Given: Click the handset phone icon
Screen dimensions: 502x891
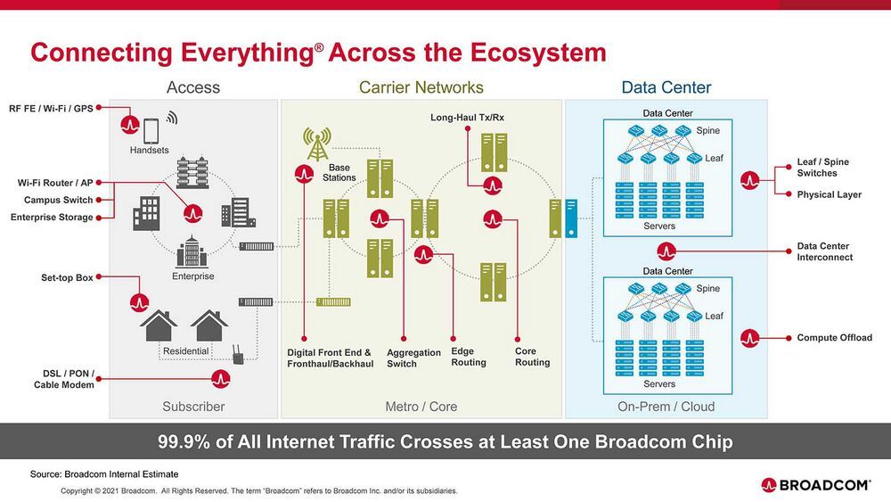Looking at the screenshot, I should pos(150,131).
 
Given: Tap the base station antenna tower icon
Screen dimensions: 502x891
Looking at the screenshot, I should pos(316,142).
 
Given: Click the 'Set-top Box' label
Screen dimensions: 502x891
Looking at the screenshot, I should pos(67,277).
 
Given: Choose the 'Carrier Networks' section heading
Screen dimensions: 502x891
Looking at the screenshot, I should pos(421,87).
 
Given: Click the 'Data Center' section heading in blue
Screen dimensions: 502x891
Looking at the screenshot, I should pos(666,87).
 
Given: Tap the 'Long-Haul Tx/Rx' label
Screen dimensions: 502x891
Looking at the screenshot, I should pos(467,118).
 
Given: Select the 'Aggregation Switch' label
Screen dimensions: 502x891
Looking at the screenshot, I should pos(413,358).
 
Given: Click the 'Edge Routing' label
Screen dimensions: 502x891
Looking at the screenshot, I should pos(469,357).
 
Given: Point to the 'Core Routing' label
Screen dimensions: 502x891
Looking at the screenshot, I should pos(532,357).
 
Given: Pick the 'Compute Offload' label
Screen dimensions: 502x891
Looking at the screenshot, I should pos(834,338).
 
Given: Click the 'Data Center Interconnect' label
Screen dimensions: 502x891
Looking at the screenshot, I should pos(824,251).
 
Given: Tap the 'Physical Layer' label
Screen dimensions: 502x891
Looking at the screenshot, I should pos(829,194).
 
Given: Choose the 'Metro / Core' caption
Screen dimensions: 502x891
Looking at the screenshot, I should pos(421,407).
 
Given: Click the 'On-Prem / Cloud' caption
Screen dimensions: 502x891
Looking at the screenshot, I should pos(666,407).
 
